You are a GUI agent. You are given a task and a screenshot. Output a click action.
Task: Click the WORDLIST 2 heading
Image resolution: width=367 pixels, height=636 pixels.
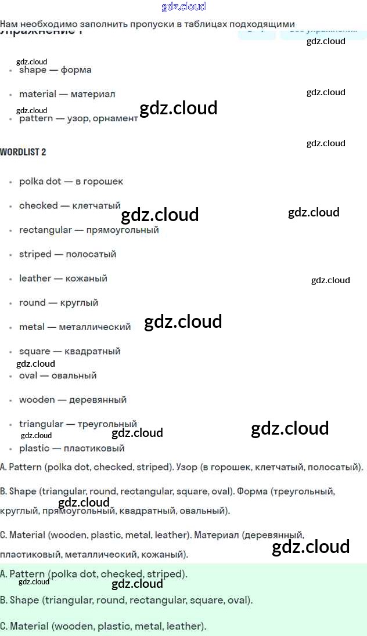[x=23, y=152]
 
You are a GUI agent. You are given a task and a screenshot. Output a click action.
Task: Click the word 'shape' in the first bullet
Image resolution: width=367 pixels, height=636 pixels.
[x=33, y=70]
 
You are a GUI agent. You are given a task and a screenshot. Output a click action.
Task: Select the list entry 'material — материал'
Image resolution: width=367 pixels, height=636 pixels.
[x=67, y=94]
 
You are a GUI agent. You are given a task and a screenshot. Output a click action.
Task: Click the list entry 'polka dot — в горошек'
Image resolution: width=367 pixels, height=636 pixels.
[x=71, y=182]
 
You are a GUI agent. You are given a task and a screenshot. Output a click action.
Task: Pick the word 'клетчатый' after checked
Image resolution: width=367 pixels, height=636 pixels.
[x=96, y=205]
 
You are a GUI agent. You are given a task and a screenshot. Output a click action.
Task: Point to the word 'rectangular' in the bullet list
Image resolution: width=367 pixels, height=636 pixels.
[x=44, y=230]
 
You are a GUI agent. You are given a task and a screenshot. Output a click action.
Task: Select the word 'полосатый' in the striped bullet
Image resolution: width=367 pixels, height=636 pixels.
[x=91, y=254]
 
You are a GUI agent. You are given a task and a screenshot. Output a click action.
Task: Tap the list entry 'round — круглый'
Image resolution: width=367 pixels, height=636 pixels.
[x=58, y=303]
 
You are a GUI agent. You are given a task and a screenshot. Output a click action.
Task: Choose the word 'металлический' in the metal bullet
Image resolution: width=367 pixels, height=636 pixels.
[x=95, y=327]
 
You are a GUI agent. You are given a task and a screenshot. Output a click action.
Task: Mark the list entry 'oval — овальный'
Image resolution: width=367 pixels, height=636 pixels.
[x=57, y=375]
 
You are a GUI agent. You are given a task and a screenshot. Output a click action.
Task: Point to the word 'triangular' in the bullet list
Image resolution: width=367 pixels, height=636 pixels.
[x=41, y=424]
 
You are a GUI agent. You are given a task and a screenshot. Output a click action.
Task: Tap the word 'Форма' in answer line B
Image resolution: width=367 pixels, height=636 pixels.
[x=251, y=492]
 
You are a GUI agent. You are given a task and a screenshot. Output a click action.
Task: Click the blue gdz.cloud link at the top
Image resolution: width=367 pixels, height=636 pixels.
[x=183, y=7]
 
